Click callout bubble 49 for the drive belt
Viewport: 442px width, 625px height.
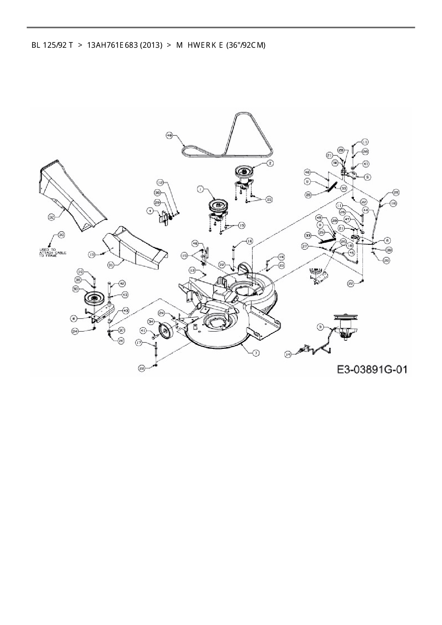[x=170, y=135]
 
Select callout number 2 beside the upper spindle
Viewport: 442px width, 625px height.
[x=270, y=163]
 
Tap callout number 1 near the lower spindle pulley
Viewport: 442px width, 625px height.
[x=201, y=190]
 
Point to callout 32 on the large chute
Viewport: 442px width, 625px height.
[x=52, y=217]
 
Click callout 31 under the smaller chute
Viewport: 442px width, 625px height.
[x=111, y=265]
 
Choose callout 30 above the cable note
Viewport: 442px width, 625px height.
[x=61, y=235]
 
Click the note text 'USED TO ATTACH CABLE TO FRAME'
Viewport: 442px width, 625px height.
[x=52, y=253]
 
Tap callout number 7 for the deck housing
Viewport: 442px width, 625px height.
[x=256, y=353]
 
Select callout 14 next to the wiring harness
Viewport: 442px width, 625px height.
[x=288, y=354]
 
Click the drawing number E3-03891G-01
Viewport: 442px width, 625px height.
[x=372, y=369]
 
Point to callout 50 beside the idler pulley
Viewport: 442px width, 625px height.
[x=76, y=289]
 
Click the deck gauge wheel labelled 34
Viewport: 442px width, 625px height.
[x=166, y=331]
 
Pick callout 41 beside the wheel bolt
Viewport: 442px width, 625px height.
[x=143, y=331]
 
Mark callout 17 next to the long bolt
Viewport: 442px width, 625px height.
[x=139, y=342]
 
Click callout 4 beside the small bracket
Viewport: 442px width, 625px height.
[x=150, y=211]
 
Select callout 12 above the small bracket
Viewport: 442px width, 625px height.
[x=160, y=182]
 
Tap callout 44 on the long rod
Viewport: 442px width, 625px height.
[x=365, y=211]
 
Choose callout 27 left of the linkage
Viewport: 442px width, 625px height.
[x=304, y=246]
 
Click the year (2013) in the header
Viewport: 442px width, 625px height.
[x=151, y=45]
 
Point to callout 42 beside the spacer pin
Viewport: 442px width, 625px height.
[x=122, y=283]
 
